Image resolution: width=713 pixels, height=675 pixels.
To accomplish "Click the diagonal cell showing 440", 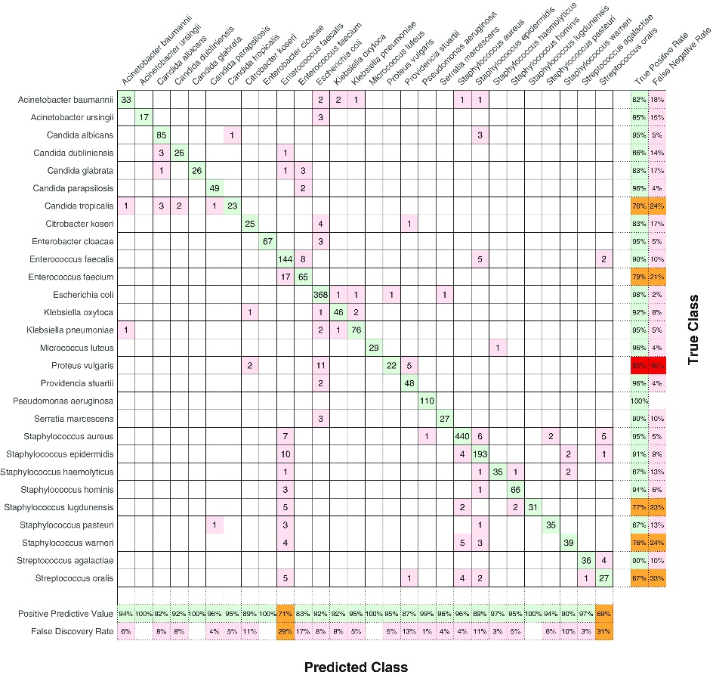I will coord(461,436).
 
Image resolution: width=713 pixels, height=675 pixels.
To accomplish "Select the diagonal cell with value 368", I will coord(321,295).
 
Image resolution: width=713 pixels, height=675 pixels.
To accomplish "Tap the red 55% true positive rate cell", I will coord(639,365).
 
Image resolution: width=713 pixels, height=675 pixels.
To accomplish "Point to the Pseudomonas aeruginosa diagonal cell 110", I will coord(427,401).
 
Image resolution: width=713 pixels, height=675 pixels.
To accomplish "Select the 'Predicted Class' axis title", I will coord(356,666).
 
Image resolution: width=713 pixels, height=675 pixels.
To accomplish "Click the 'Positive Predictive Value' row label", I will coord(59,613).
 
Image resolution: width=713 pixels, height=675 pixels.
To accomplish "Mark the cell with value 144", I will coord(286,259).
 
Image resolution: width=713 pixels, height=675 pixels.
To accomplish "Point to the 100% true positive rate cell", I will coord(639,401).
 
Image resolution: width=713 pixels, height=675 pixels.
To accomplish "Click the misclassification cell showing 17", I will coord(286,277).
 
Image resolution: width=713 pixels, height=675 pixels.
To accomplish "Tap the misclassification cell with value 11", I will coord(321,365).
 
